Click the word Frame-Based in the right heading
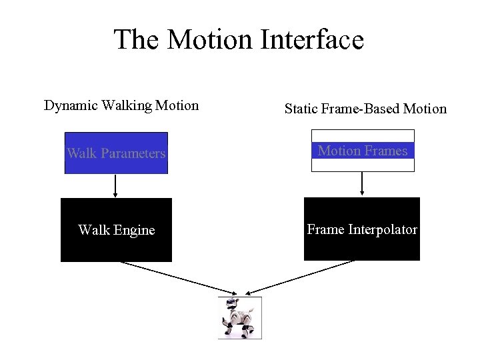tap(363, 109)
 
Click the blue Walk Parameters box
tap(116, 153)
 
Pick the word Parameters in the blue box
tap(133, 153)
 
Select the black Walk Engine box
tap(116, 230)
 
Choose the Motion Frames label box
tap(363, 151)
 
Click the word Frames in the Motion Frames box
tap(386, 151)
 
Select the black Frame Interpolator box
tap(362, 229)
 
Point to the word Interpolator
tap(383, 229)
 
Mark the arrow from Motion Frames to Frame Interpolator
tap(362, 184)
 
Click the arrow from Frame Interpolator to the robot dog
tap(300, 277)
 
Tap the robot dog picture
tap(239, 318)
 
